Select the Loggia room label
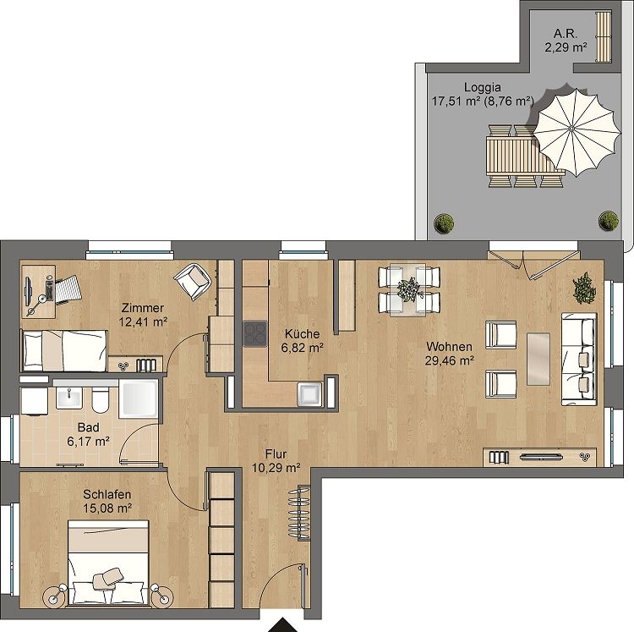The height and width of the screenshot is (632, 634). pos(482,86)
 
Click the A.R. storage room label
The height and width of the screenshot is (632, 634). pos(565,34)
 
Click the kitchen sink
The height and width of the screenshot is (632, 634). pos(308,393)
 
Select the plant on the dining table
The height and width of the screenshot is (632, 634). pos(409,289)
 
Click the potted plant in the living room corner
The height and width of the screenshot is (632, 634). pos(583,289)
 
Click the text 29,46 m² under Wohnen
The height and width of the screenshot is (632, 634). pos(449,360)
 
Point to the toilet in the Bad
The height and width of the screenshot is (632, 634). pos(98,398)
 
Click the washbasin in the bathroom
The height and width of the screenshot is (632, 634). pos(68,397)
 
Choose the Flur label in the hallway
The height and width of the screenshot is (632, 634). pos(276,452)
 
